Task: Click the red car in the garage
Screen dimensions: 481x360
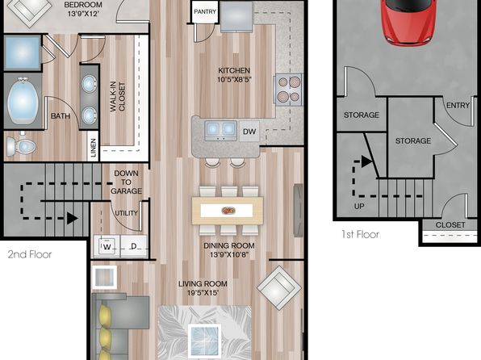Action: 409,21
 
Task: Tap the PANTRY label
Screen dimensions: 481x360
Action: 205,11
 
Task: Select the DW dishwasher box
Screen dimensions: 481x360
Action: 249,132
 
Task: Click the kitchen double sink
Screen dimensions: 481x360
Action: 220,130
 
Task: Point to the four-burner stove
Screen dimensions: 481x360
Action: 289,90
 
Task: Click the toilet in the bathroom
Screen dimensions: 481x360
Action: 21,146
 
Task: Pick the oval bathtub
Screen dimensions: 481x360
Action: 23,101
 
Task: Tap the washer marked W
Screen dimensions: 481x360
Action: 107,246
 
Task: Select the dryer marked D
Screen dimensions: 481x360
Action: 134,246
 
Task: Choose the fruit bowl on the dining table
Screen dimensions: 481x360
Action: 228,211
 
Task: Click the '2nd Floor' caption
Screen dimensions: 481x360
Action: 30,254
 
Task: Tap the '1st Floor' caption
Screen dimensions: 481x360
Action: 361,234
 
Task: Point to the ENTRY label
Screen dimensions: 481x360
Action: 458,106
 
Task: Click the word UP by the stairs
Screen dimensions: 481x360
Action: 359,207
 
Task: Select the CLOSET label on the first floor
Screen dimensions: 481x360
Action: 450,225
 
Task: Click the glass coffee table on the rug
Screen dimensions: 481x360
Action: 205,340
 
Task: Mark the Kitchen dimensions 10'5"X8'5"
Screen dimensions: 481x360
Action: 234,80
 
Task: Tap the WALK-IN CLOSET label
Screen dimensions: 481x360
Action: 118,96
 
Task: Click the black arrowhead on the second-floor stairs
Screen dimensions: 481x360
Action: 73,219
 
